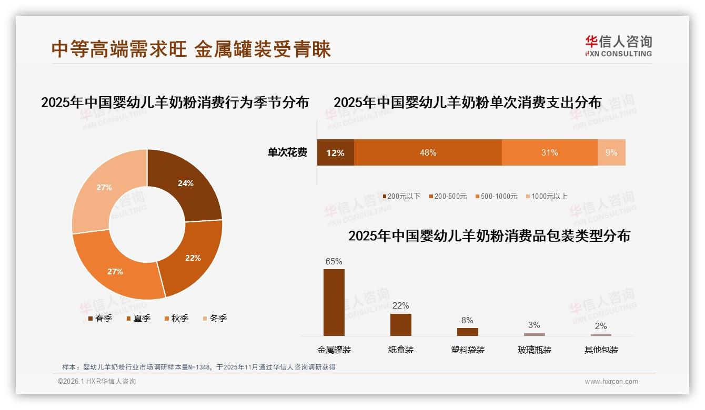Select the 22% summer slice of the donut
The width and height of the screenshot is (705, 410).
point(192,258)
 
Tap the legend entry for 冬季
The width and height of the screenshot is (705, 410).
point(215,318)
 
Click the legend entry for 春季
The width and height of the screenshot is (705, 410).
point(100,318)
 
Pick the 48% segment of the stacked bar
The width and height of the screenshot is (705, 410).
point(428,152)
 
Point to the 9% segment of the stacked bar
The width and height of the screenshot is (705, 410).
point(611,152)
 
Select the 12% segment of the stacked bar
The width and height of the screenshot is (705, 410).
point(335,152)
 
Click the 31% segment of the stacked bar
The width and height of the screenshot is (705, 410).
point(549,152)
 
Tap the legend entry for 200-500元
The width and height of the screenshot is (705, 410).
point(447,196)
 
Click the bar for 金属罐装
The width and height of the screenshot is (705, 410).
point(334,302)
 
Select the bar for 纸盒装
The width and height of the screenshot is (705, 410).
point(400,324)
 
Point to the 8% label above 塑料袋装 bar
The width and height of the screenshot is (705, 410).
point(467,320)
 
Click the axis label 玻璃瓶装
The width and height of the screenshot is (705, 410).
point(534,350)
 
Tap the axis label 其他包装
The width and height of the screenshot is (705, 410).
point(601,350)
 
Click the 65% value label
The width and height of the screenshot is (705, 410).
point(334,261)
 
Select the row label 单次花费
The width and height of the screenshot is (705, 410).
point(287,152)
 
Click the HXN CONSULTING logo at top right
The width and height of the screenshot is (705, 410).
point(618,46)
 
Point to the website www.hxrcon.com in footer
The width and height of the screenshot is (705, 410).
point(611,382)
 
